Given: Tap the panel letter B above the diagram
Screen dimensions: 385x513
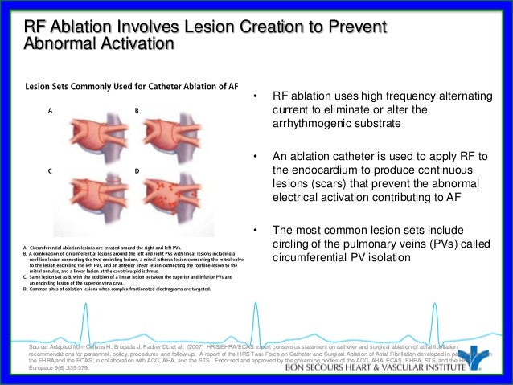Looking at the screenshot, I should click(137, 109).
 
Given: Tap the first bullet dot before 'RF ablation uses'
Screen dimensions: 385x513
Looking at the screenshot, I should click(255, 98).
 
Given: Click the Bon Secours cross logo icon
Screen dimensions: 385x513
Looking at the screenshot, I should click(478, 360).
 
